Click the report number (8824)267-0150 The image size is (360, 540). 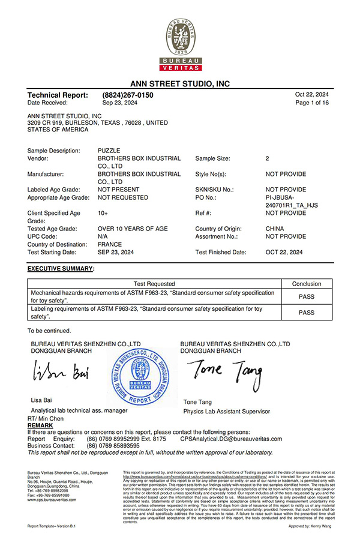point(128,95)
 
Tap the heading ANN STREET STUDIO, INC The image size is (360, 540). point(180,84)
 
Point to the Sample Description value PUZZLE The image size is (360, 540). point(109,151)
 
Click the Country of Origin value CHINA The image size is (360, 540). point(275,229)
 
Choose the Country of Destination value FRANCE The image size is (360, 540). point(109,244)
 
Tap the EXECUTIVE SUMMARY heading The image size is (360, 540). point(61,268)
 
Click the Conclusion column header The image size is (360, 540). point(306,284)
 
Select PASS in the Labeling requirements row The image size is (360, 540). point(306,313)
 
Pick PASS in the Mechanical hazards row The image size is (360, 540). point(306,296)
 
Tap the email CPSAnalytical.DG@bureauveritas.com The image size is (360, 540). point(231,439)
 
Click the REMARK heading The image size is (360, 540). point(40,425)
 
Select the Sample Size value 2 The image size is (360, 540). point(267,158)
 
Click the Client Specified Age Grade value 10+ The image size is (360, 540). point(103,213)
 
